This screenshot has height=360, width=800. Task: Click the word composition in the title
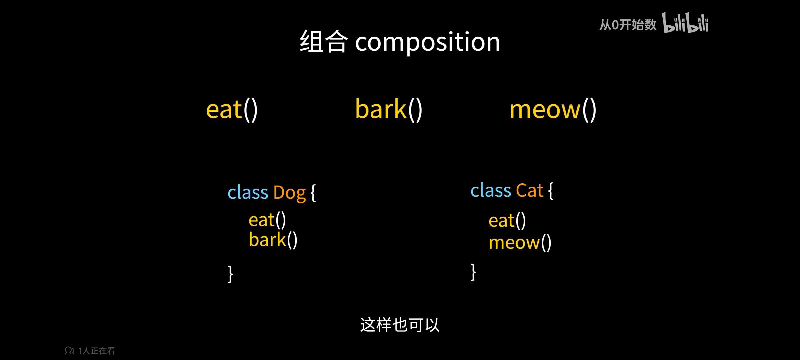click(x=427, y=42)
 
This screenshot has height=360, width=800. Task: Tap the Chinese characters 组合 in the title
click(x=324, y=41)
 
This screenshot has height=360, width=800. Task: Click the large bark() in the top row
click(x=389, y=109)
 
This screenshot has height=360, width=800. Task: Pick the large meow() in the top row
click(x=553, y=110)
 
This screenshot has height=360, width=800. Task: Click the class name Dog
click(x=289, y=193)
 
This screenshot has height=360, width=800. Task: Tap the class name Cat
click(x=530, y=190)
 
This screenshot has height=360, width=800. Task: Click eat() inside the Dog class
click(x=267, y=220)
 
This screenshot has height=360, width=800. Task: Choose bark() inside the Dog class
click(x=273, y=240)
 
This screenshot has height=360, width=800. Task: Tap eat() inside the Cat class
click(x=507, y=221)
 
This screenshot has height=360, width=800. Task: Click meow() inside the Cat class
click(x=520, y=242)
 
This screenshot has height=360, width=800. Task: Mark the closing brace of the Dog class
click(x=230, y=274)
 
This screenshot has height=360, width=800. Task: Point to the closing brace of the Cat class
click(x=473, y=272)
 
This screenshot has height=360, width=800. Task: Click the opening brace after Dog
click(x=313, y=193)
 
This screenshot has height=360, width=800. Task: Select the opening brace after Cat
click(x=551, y=191)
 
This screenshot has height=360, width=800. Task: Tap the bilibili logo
click(x=685, y=23)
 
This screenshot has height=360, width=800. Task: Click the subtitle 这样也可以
click(x=400, y=325)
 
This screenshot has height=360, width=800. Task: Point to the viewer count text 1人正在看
click(x=97, y=351)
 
